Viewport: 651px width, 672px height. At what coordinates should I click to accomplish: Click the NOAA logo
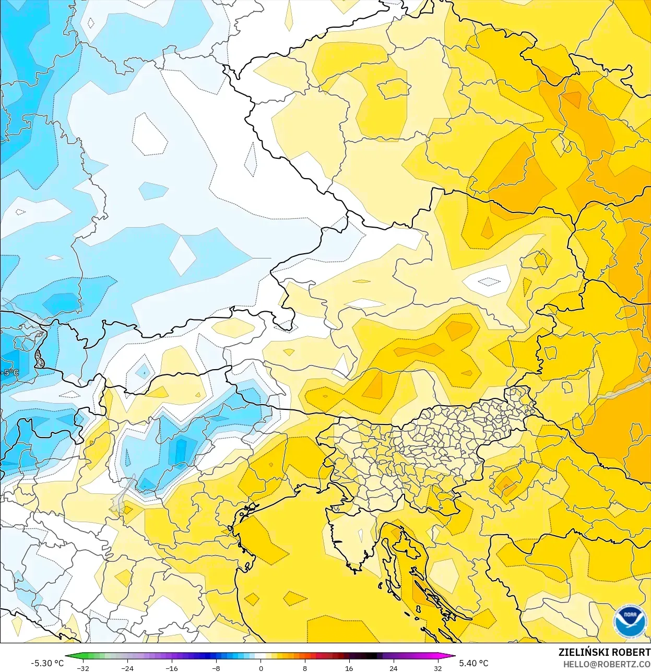(x=629, y=621)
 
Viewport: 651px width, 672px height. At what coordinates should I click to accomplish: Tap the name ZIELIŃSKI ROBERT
(x=604, y=652)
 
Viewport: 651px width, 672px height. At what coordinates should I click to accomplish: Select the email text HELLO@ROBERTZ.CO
(x=607, y=664)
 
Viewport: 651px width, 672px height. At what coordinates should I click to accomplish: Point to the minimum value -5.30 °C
(x=47, y=663)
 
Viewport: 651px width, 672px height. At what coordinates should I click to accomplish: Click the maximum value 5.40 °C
(x=474, y=663)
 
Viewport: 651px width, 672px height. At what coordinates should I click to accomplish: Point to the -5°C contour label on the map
(x=10, y=373)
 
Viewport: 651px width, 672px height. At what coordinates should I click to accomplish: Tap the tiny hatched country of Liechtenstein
(x=39, y=359)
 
